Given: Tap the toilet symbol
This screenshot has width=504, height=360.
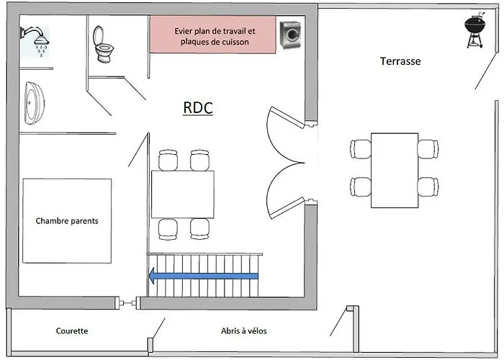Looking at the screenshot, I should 103,45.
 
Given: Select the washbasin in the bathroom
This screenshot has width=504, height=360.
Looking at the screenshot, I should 34,103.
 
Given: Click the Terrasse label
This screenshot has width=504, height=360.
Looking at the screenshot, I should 400,61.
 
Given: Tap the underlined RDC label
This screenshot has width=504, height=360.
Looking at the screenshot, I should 198,108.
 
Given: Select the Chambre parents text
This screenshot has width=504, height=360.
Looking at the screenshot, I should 67,221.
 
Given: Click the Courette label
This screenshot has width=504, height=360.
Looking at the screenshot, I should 72,331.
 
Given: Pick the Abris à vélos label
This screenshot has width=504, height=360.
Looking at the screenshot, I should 243,331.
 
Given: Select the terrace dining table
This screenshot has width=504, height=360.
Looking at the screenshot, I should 395,171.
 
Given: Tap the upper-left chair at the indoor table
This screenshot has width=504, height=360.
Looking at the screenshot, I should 168,159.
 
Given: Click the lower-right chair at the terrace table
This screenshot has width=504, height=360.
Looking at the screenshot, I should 428,186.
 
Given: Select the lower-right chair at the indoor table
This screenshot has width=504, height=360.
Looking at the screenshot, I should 200,229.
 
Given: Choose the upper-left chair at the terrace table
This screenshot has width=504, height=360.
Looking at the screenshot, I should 361,149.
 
